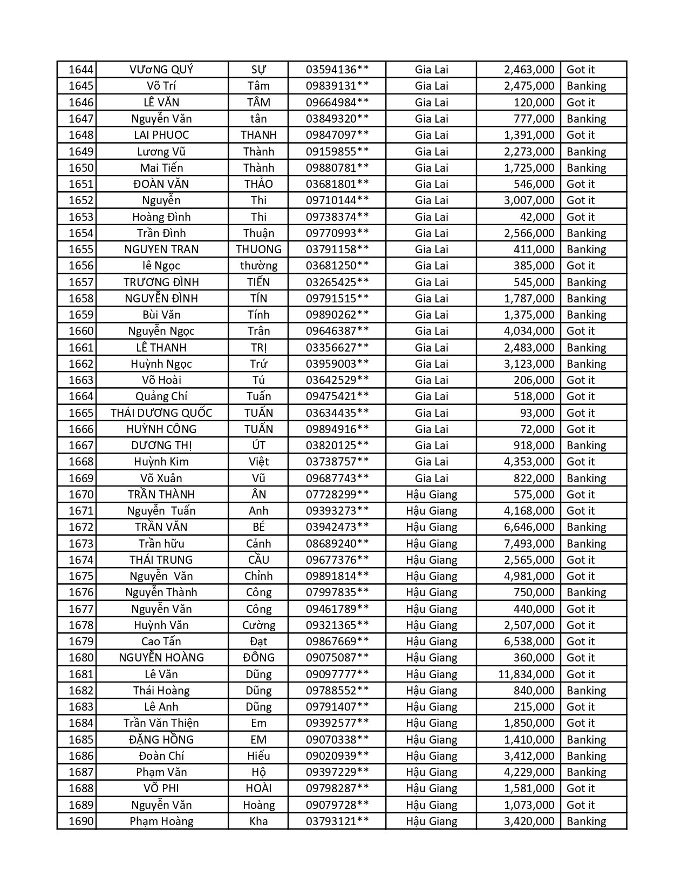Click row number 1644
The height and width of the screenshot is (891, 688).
(x=81, y=70)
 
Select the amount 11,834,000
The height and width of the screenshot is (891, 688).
(x=526, y=674)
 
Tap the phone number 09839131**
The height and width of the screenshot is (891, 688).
(x=337, y=86)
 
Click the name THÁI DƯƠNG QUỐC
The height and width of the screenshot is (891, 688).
(x=161, y=413)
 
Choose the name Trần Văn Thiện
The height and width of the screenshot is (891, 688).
(x=161, y=723)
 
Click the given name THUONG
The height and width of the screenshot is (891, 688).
(x=258, y=249)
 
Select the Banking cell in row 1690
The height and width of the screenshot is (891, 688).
(x=586, y=821)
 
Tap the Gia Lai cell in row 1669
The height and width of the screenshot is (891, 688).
(x=431, y=478)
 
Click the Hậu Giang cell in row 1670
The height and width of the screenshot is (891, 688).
(x=431, y=495)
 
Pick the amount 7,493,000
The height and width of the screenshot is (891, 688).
(x=529, y=544)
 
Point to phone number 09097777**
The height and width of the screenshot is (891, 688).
(x=337, y=674)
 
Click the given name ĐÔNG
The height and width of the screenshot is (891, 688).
(x=258, y=658)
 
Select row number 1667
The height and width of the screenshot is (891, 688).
(x=81, y=446)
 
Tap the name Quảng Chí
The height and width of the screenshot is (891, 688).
(x=161, y=396)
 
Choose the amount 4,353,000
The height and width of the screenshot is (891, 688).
(x=529, y=462)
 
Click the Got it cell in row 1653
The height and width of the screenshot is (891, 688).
(x=581, y=217)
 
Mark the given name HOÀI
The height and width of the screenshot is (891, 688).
(x=258, y=788)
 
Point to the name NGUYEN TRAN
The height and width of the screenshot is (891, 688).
(x=161, y=249)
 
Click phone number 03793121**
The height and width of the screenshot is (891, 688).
(x=337, y=821)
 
